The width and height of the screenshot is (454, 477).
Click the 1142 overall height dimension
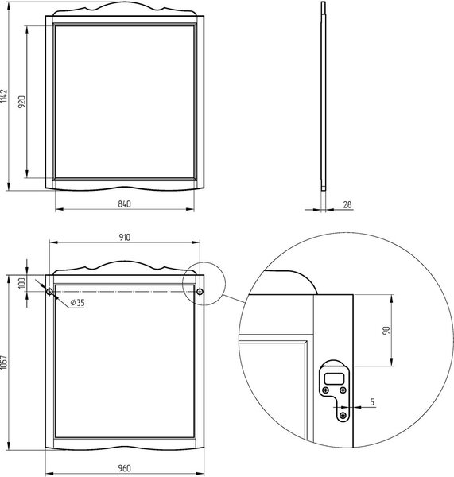pyautogui.click(x=4, y=96)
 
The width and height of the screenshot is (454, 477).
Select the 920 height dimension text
pyautogui.click(x=22, y=102)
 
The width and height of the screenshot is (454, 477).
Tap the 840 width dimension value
pyautogui.click(x=125, y=204)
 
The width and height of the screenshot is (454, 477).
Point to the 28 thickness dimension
pyautogui.click(x=347, y=205)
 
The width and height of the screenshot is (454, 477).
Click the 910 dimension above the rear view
pyautogui.click(x=125, y=237)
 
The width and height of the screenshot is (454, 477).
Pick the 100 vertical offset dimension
pyautogui.click(x=22, y=283)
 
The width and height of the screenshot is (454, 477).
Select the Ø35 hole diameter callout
pyautogui.click(x=77, y=303)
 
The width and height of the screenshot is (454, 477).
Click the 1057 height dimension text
pyautogui.click(x=4, y=363)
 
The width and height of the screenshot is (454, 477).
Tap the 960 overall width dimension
pyautogui.click(x=125, y=468)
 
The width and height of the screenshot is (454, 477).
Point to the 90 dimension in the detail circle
pyautogui.click(x=386, y=331)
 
